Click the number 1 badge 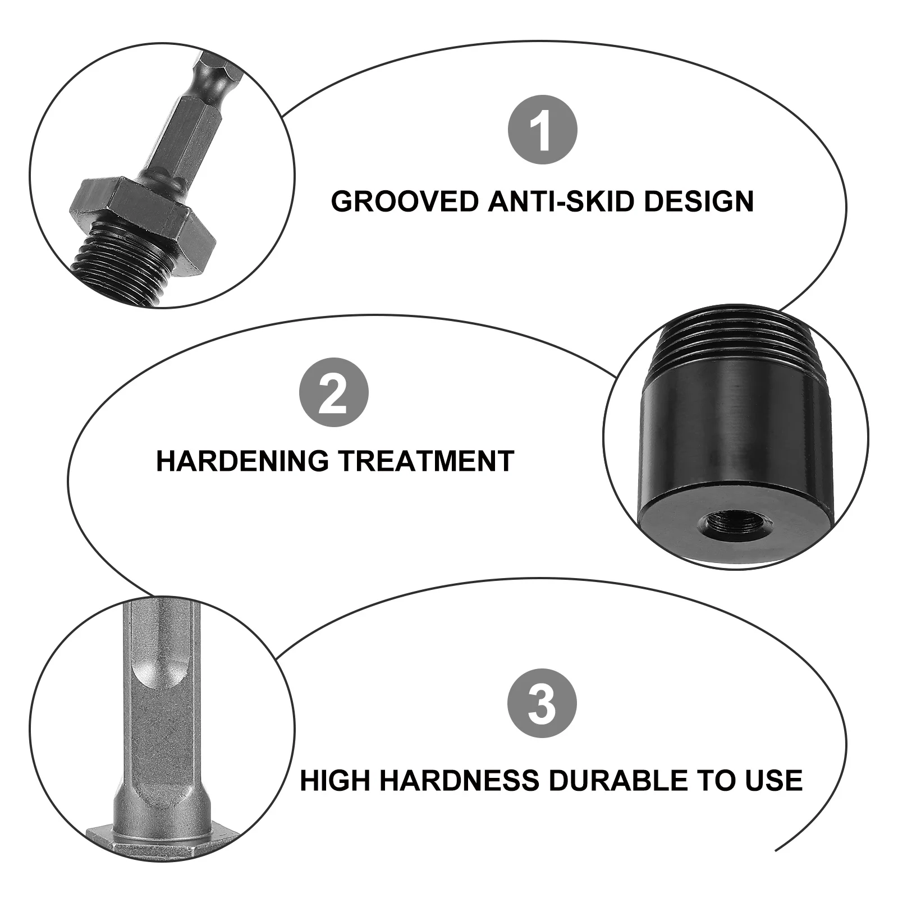[x=542, y=130]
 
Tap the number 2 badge [x=333, y=392]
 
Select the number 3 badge [x=542, y=703]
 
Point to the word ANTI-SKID [x=562, y=201]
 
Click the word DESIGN [x=699, y=201]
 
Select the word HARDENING [x=242, y=461]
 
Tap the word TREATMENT [x=426, y=461]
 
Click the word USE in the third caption [x=774, y=781]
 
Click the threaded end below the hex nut [x=123, y=264]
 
